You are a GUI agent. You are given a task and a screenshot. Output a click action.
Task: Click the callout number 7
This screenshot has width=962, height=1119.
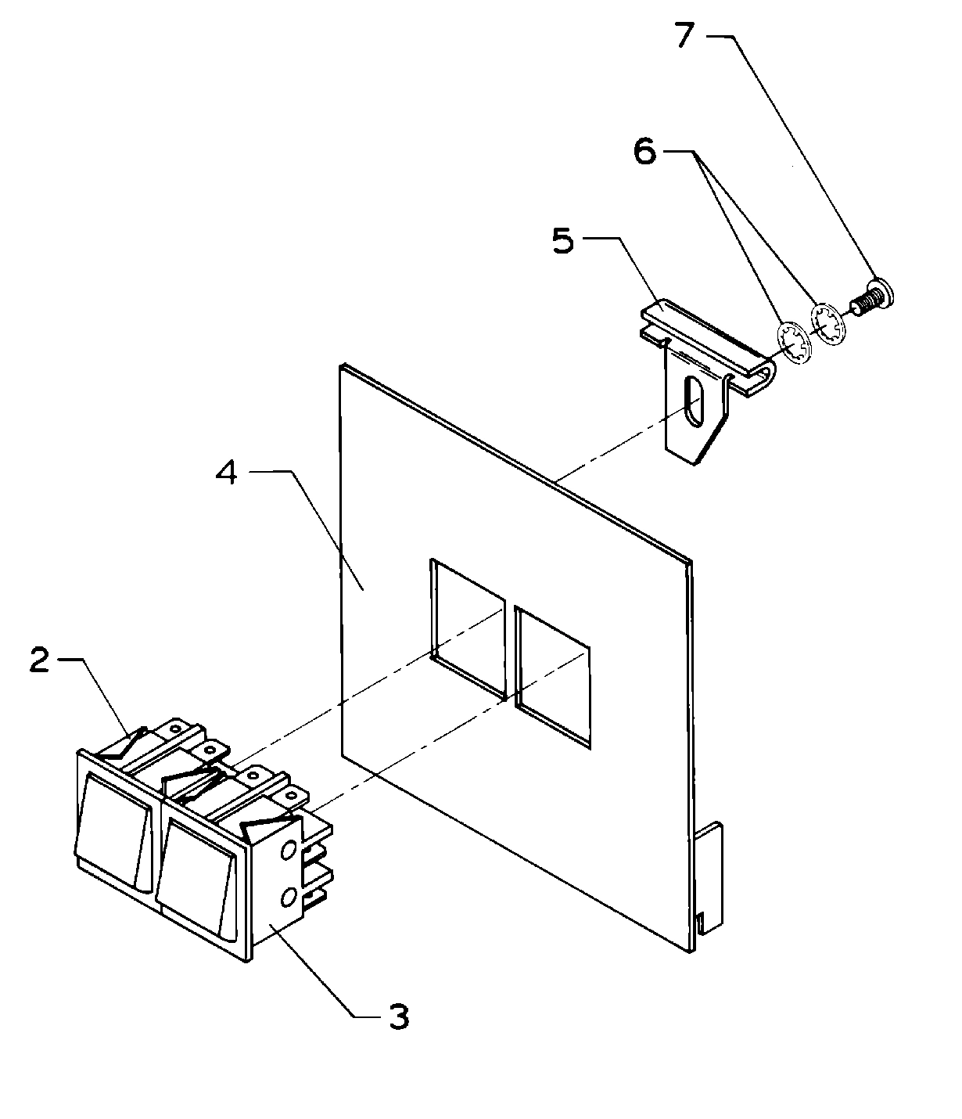coord(685,37)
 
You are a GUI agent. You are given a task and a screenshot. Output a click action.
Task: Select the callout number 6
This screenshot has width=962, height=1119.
coord(644,152)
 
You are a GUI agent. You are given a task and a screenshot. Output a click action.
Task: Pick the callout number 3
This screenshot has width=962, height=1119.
coord(397,1017)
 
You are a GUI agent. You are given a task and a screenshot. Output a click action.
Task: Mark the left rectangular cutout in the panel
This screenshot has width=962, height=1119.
coord(467,627)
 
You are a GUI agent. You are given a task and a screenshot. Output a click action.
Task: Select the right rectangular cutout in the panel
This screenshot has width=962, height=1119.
coord(552,674)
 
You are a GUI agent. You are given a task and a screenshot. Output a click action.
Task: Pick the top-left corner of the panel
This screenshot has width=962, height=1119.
coord(341,365)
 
